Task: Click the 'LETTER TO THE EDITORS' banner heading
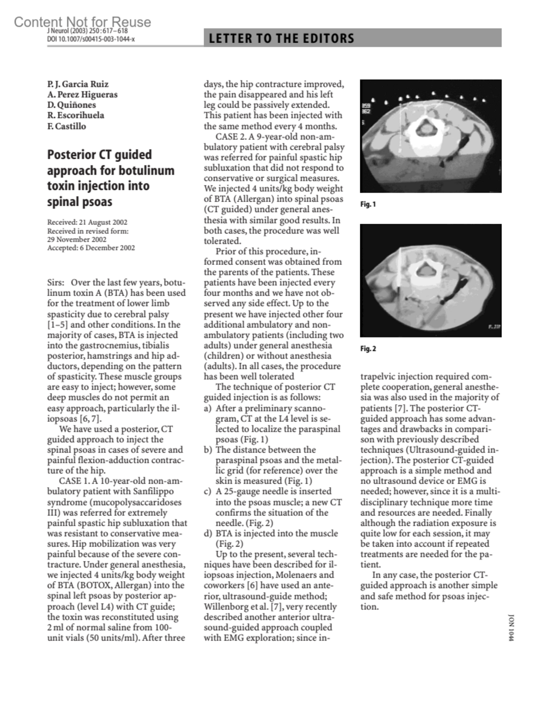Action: point(281,38)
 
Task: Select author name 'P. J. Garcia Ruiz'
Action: point(78,84)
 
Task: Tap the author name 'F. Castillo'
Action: point(66,126)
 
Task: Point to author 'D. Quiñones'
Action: point(71,105)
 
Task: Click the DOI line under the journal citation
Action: point(90,39)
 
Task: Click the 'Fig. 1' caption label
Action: point(368,204)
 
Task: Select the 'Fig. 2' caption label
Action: point(368,349)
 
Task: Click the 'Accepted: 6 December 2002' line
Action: point(91,248)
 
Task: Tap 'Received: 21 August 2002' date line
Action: point(87,222)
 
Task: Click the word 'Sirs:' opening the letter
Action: point(55,283)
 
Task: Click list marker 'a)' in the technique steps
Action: point(207,408)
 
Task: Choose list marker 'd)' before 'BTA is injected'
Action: point(208,533)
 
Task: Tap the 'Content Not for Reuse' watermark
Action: point(82,21)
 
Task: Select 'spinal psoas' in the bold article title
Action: point(79,202)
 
